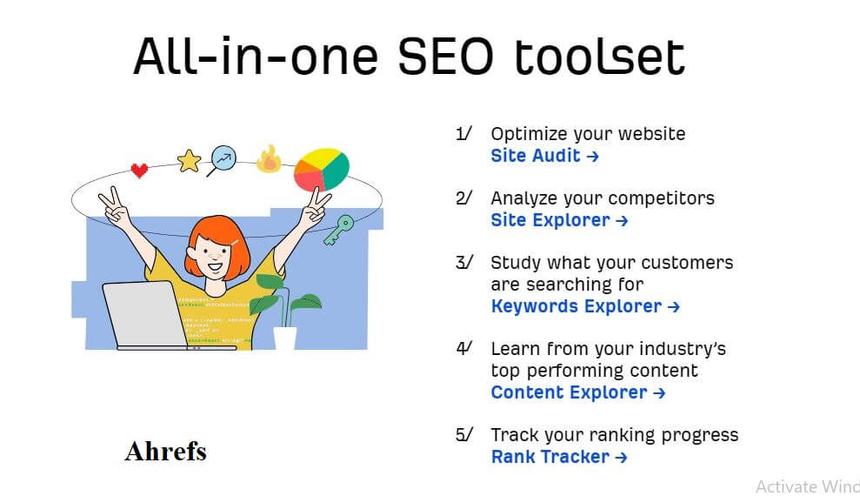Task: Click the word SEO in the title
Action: pyautogui.click(x=445, y=57)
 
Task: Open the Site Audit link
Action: pyautogui.click(x=544, y=156)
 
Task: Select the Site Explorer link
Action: pyautogui.click(x=559, y=220)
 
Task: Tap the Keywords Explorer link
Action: pyautogui.click(x=585, y=306)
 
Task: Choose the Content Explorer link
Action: pyautogui.click(x=578, y=392)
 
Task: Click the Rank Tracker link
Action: pyautogui.click(x=559, y=457)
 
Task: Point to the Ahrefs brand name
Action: pyautogui.click(x=165, y=452)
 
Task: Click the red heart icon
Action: pyautogui.click(x=139, y=170)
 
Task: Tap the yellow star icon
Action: pyautogui.click(x=190, y=161)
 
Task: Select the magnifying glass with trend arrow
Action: pyautogui.click(x=222, y=159)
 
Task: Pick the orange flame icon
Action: pyautogui.click(x=269, y=159)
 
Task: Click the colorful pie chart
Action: pyautogui.click(x=322, y=170)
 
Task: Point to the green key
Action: pyautogui.click(x=338, y=230)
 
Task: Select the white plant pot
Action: pyautogui.click(x=284, y=338)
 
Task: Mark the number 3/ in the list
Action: pyautogui.click(x=464, y=262)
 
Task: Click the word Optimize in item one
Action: pyautogui.click(x=522, y=134)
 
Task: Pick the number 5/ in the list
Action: pyautogui.click(x=464, y=434)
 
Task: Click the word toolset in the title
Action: pyautogui.click(x=600, y=57)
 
